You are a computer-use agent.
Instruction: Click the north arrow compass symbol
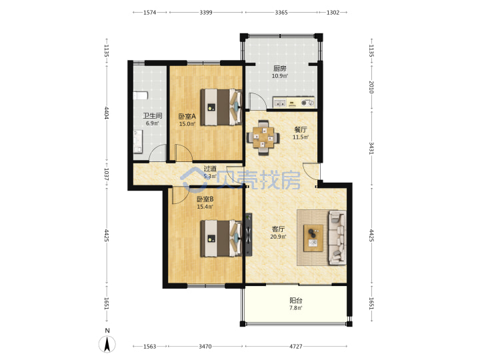pyautogui.click(x=107, y=344)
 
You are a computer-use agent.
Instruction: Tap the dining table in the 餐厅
pyautogui.click(x=263, y=137)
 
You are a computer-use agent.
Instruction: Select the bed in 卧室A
pyautogui.click(x=221, y=107)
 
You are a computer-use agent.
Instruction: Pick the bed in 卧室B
pyautogui.click(x=221, y=239)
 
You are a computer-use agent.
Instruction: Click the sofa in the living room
pyautogui.click(x=337, y=237)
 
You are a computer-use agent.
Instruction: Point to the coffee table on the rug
pyautogui.click(x=313, y=238)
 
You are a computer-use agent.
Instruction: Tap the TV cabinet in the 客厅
pyautogui.click(x=248, y=235)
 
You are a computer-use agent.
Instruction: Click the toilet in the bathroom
pyautogui.click(x=141, y=95)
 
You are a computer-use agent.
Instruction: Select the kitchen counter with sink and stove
pyautogui.click(x=293, y=103)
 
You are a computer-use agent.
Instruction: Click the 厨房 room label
pyautogui.click(x=280, y=69)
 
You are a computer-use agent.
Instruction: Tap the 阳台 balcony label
pyautogui.click(x=296, y=301)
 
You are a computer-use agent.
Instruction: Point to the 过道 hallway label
pyautogui.click(x=210, y=169)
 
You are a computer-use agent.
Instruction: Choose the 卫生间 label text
pyautogui.click(x=153, y=116)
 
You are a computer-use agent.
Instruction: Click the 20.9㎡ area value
pyautogui.click(x=278, y=237)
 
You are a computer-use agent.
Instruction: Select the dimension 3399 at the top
pyautogui.click(x=206, y=12)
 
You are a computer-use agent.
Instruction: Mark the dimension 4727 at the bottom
pyautogui.click(x=296, y=346)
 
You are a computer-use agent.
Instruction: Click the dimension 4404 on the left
pyautogui.click(x=107, y=113)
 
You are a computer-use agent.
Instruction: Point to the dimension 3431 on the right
pyautogui.click(x=371, y=148)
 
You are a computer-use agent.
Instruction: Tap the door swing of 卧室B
pyautogui.click(x=179, y=196)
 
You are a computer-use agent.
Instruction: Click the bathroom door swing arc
pyautogui.click(x=156, y=153)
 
